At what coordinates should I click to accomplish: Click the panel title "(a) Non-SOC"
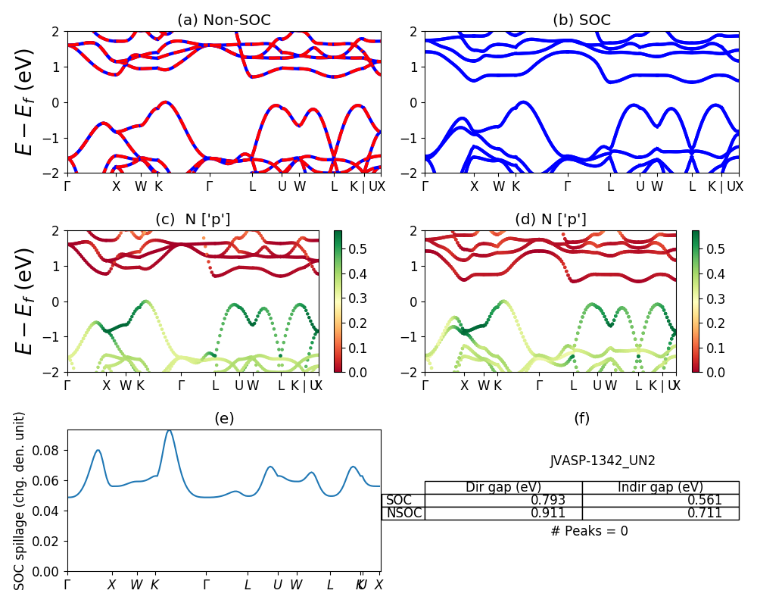point(223,20)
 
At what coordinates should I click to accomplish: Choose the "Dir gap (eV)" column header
point(503,487)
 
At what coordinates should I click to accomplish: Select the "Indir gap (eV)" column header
point(660,487)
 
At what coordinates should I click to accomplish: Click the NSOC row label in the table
point(403,513)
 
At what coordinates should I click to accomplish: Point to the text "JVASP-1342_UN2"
point(602,461)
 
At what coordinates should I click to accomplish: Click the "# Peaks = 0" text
point(590,531)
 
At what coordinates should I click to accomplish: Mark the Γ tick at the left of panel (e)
point(67,585)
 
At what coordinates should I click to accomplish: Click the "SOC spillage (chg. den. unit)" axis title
point(20,500)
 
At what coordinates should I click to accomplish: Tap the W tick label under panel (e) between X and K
point(136,585)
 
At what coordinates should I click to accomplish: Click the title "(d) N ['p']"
point(550,220)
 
